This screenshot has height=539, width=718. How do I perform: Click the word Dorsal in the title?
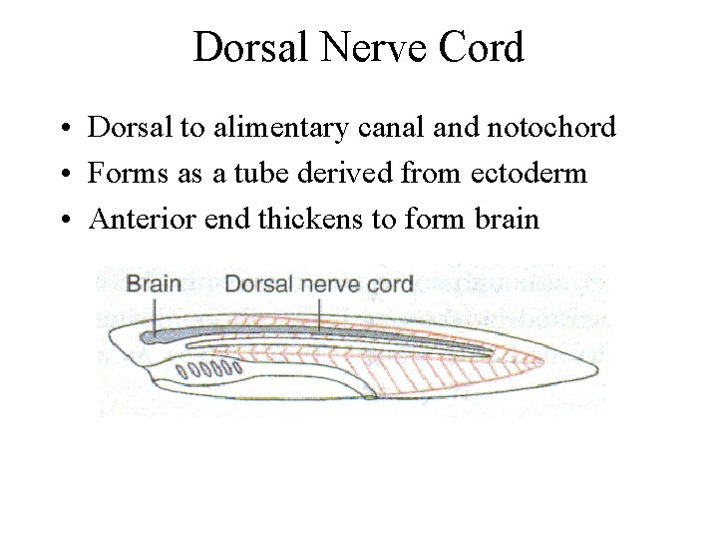click(244, 47)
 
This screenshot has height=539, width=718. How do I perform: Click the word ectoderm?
click(528, 173)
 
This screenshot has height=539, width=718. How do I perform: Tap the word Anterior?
click(135, 218)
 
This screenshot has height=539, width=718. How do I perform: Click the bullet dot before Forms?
click(63, 175)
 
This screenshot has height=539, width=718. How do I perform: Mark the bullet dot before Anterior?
click(63, 220)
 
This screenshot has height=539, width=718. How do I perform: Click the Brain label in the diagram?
click(154, 283)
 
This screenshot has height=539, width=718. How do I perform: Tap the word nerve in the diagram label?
click(326, 283)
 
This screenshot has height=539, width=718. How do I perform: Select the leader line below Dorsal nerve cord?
click(319, 313)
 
